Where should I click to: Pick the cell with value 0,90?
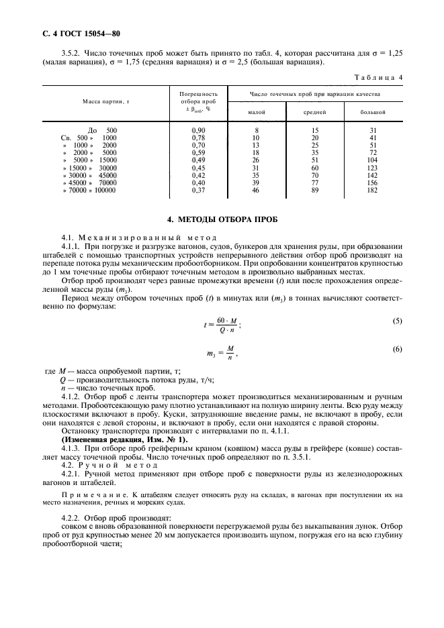click(x=198, y=129)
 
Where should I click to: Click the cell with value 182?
click(x=373, y=191)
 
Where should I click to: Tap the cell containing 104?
click(x=373, y=160)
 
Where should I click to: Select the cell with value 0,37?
click(x=198, y=191)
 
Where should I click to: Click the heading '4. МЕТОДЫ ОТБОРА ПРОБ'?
click(x=222, y=219)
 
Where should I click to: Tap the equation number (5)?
click(x=397, y=321)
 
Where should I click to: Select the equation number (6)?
click(x=397, y=349)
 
